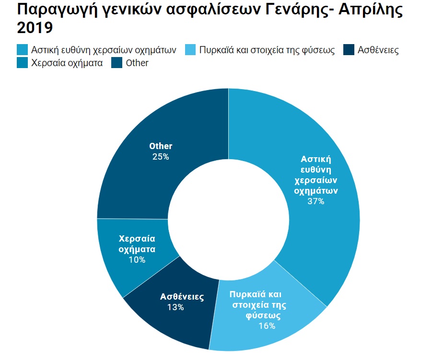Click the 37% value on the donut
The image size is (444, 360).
coord(316,201)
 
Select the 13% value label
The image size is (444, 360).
coord(175,307)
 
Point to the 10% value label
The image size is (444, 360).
coord(137,260)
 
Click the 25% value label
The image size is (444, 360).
coord(160,156)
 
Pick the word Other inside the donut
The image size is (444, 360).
coord(161,146)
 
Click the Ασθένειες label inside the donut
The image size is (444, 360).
coord(182,297)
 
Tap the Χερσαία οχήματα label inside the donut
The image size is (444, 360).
coord(137,244)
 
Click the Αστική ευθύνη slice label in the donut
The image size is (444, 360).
coord(316,174)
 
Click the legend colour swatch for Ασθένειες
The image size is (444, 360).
coord(349,50)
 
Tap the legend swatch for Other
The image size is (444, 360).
coord(117,63)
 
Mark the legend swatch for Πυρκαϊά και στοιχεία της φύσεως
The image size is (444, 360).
coord(190,50)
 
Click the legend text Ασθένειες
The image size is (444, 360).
coord(378,50)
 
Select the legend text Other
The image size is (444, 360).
coord(137,63)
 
